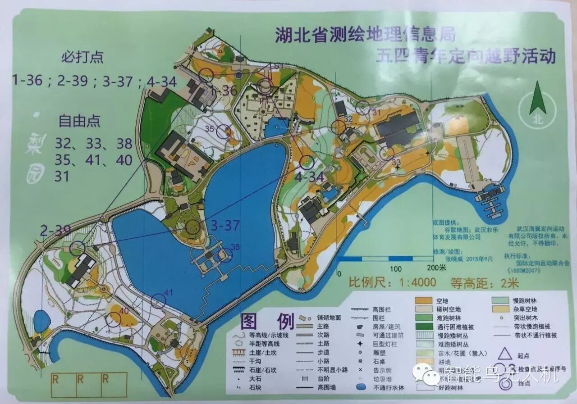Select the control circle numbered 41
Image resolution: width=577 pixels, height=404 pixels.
pyautogui.click(x=158, y=301)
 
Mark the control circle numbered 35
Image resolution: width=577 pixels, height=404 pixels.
pyautogui.click(x=224, y=132)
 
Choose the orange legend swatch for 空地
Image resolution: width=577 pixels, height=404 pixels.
pyautogui.click(x=422, y=300)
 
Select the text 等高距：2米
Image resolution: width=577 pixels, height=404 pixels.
pyautogui.click(x=485, y=283)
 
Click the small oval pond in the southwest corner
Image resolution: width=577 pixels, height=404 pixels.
pyautogui.click(x=42, y=321)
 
